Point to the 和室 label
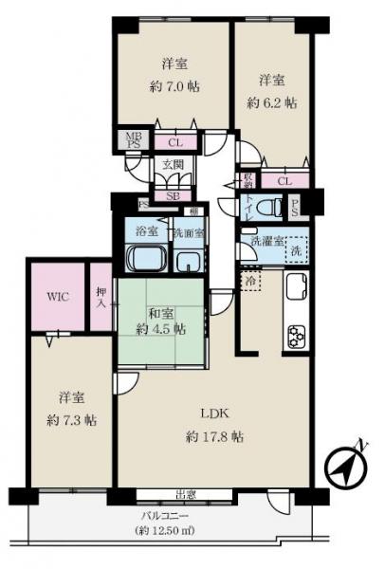pos(159,310)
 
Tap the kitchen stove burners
pos(297,335)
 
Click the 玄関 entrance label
pos(173,165)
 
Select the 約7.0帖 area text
pos(172,86)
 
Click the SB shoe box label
pos(173,196)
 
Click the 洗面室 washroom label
pos(187,232)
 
